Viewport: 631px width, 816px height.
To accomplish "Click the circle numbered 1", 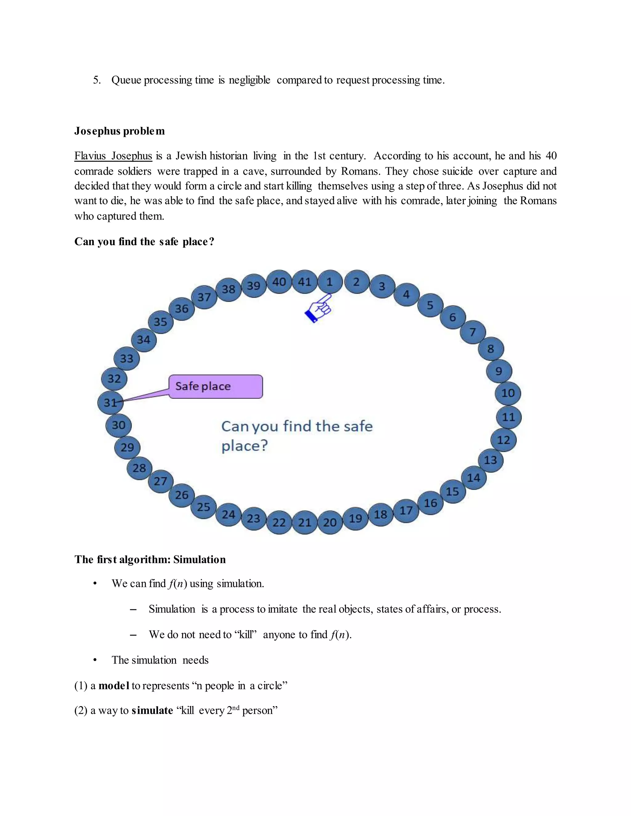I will coord(330,282).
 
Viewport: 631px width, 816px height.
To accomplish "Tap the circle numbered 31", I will coord(110,402).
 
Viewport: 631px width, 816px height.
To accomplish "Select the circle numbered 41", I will coord(305,282).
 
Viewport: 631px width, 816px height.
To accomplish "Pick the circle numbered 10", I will coord(508,393).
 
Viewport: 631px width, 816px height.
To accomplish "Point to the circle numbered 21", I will coord(305,522).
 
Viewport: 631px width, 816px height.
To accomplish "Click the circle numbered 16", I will coord(430,503).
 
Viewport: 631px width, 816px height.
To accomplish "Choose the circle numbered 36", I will coord(182,309).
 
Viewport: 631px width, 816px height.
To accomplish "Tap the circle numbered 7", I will coord(473,332).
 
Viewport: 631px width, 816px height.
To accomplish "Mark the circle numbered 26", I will coord(182,495).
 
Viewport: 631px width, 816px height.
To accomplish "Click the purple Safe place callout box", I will coord(216,386).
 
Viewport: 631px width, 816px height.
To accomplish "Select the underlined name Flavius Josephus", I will coord(113,156).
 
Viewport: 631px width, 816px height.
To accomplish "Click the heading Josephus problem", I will coord(120,131).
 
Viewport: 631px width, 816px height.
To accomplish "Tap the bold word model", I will coord(114,686).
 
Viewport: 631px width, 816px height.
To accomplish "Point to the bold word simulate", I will coord(152,710).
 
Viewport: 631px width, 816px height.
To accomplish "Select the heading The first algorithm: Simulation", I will coord(150,559).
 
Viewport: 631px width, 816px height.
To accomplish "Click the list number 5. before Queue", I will coord(97,80).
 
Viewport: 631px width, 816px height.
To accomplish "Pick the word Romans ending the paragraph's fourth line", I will coord(538,201).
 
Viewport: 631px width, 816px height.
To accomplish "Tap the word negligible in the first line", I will coord(249,80).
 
